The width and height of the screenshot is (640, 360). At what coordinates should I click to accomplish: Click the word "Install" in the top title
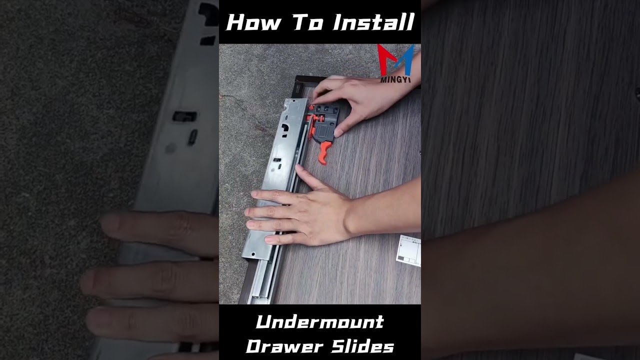point(373,22)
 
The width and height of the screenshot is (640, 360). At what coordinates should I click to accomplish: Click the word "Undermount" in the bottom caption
point(319,322)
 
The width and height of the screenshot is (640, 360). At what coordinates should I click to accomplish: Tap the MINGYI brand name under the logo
point(395,79)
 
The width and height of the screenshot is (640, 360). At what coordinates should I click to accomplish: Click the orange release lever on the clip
point(324,152)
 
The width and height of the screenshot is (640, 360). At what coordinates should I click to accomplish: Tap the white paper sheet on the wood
point(409,250)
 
